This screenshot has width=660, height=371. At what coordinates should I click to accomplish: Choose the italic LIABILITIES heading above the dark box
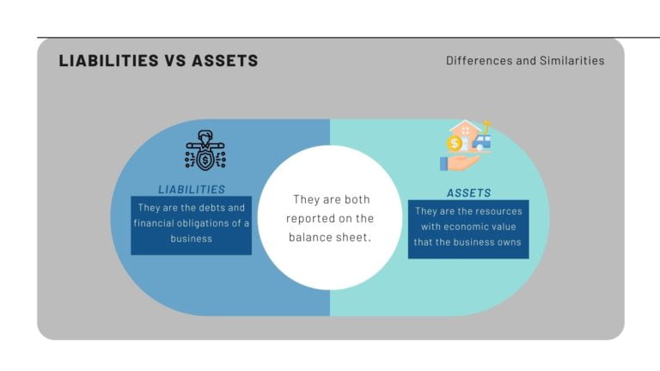point(192,189)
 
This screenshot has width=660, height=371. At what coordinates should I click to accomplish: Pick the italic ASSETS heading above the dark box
point(469,193)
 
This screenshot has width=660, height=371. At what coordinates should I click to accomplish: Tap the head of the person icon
point(205,136)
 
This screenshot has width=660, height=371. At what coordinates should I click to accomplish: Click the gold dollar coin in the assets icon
point(455,143)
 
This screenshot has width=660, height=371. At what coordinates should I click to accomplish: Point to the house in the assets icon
point(466,131)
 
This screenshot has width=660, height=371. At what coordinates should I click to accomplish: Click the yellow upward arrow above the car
point(486,125)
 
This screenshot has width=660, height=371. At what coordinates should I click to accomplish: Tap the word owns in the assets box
point(508,241)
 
